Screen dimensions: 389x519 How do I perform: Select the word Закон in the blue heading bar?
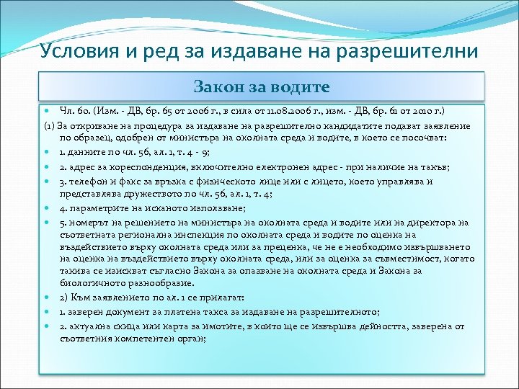pyautogui.click(x=216, y=87)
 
